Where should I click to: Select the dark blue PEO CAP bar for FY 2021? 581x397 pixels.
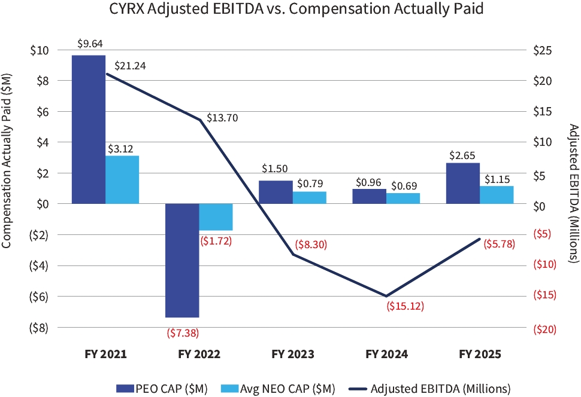point(89,129)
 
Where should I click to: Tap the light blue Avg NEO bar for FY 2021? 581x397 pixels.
point(122,179)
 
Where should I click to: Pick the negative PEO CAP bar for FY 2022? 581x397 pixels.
point(182,260)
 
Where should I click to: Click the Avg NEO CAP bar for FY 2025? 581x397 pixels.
point(497,195)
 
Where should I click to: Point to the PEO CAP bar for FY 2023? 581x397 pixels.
point(276,192)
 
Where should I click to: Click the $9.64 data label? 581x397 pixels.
point(89,44)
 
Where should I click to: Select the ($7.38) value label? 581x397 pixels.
point(182,332)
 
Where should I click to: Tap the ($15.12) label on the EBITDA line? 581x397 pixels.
point(406,307)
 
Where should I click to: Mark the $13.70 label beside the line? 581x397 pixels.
point(222,118)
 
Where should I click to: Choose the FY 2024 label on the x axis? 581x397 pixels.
point(386,354)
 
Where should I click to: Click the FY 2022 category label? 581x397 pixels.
point(199,354)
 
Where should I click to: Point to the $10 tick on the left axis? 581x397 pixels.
point(38,50)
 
